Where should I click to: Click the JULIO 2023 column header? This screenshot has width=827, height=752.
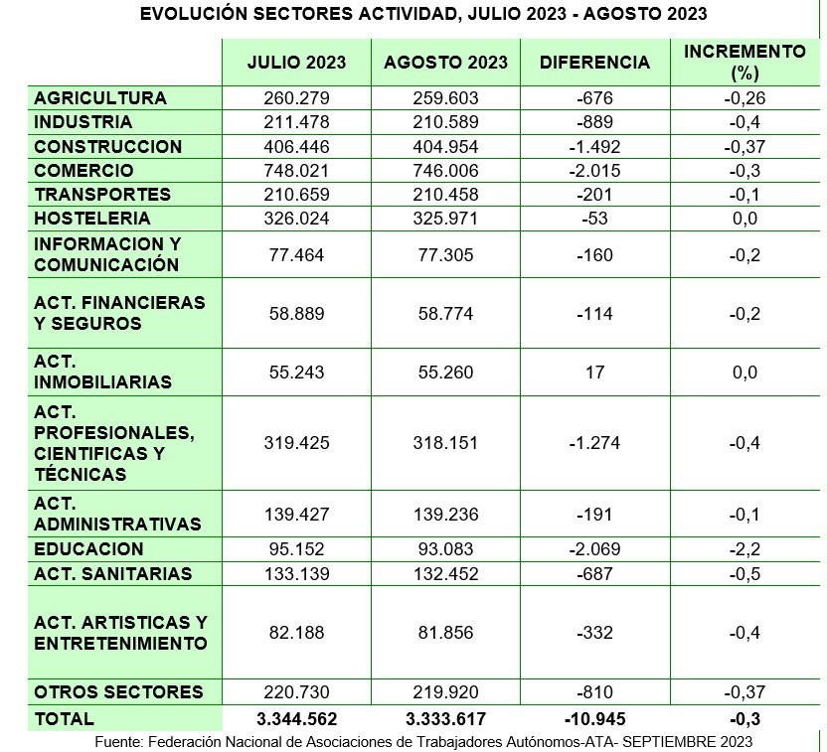pyautogui.click(x=296, y=62)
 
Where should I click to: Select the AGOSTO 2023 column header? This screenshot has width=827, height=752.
pyautogui.click(x=445, y=62)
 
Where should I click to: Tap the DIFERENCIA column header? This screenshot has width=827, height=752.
pyautogui.click(x=594, y=62)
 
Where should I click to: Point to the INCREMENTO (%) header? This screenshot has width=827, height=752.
pyautogui.click(x=744, y=62)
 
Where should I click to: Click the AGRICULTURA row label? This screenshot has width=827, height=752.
pyautogui.click(x=100, y=98)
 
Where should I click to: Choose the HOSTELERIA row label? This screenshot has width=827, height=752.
pyautogui.click(x=92, y=219)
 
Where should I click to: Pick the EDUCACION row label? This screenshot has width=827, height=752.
pyautogui.click(x=88, y=549)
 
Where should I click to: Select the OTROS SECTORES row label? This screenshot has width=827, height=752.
pyautogui.click(x=118, y=692)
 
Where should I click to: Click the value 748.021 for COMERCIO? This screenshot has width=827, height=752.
pyautogui.click(x=296, y=171)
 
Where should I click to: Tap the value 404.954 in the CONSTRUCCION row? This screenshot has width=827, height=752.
pyautogui.click(x=445, y=147)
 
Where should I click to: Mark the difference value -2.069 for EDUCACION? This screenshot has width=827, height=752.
pyautogui.click(x=594, y=549)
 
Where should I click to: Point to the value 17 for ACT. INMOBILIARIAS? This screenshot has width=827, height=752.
pyautogui.click(x=594, y=373)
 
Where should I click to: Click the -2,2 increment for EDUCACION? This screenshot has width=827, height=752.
pyautogui.click(x=744, y=549)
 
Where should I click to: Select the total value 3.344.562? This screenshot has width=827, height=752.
pyautogui.click(x=296, y=719)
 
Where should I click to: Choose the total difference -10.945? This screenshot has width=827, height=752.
pyautogui.click(x=594, y=719)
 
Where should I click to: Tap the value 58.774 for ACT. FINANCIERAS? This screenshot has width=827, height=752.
pyautogui.click(x=445, y=314)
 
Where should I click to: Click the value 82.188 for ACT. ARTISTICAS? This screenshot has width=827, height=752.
pyautogui.click(x=296, y=633)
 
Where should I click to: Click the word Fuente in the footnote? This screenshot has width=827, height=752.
pyautogui.click(x=118, y=742)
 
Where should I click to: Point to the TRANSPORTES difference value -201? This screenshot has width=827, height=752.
pyautogui.click(x=594, y=195)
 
